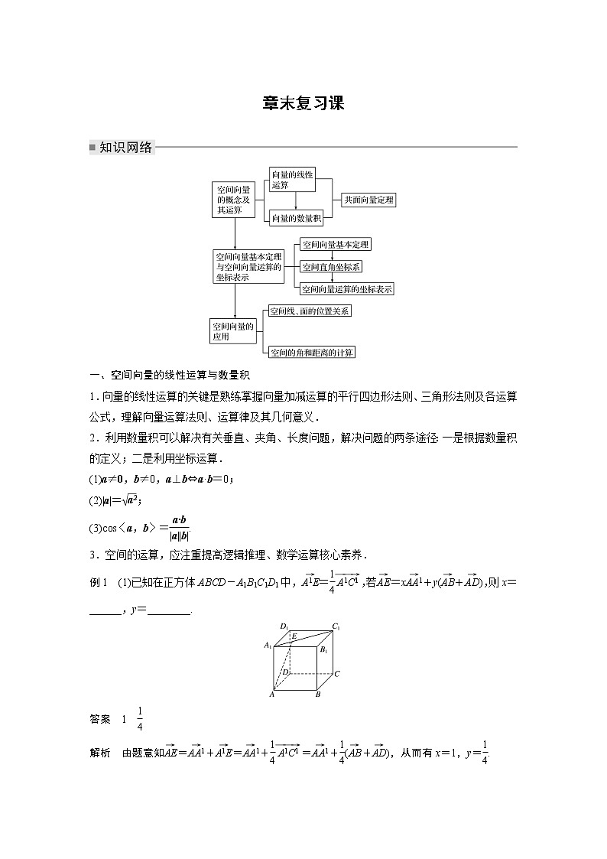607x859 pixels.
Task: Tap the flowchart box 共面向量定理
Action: tap(368, 200)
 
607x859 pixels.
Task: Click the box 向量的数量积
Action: tap(297, 219)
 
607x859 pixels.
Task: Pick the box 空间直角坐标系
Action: tap(332, 267)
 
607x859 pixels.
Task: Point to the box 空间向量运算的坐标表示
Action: tap(347, 289)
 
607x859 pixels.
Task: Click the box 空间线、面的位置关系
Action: tap(310, 311)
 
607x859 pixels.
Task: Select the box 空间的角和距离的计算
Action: tap(312, 353)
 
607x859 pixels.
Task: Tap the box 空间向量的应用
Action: tap(232, 331)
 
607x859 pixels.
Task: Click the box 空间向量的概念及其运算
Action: tap(233, 199)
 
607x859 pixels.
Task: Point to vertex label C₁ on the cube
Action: tap(336, 627)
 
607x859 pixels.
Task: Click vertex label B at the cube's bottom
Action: tap(318, 695)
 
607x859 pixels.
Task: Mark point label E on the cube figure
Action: tap(294, 636)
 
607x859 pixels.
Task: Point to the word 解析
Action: tap(100, 753)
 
